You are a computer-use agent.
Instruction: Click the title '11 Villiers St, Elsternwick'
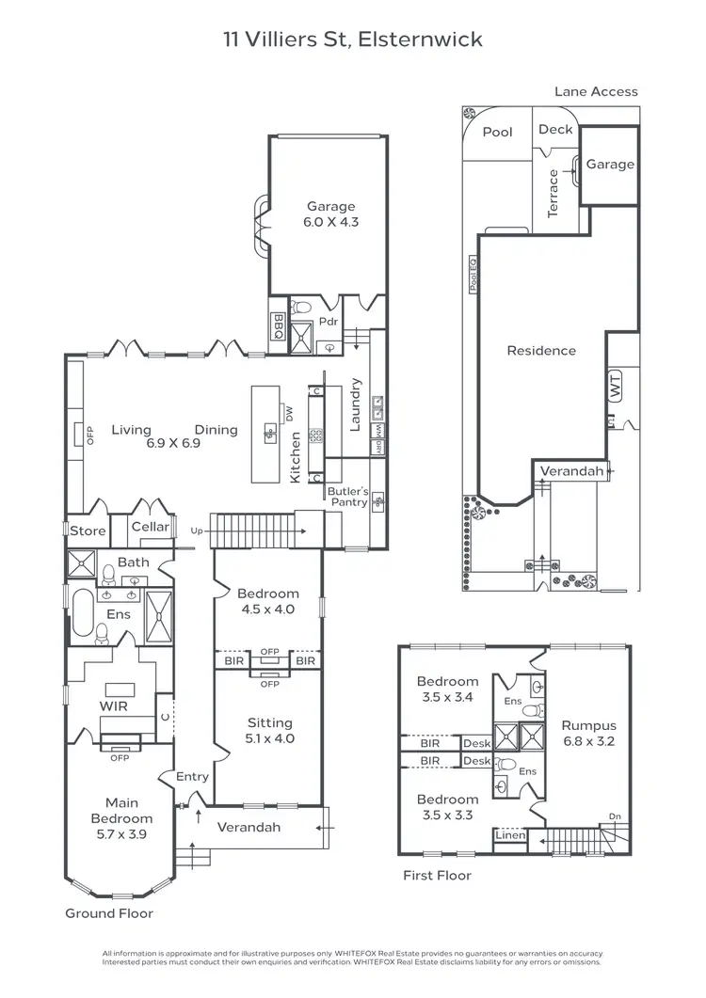353,40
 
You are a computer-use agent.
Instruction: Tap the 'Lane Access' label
596,91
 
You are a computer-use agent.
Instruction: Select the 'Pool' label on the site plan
497,132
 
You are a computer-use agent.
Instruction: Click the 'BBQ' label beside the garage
279,325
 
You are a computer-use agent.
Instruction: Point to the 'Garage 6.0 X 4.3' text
330,214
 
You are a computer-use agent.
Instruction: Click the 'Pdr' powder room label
328,322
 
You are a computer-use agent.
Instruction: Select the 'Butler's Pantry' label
347,497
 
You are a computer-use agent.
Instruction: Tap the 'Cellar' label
151,527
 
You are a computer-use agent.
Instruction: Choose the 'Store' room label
88,531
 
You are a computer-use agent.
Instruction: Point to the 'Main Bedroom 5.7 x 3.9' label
121,818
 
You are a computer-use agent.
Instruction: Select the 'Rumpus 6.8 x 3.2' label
588,733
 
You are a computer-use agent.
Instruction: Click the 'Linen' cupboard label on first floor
509,835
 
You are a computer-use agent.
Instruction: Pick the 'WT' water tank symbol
617,386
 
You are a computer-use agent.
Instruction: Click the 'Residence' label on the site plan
541,351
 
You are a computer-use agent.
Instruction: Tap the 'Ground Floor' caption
108,913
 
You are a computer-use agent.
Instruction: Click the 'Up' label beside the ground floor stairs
196,531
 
